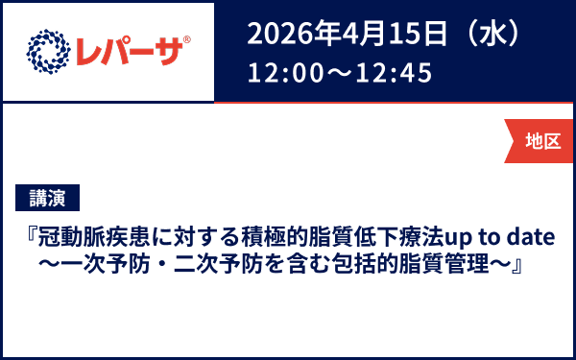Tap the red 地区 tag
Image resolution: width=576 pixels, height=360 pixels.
point(542,140)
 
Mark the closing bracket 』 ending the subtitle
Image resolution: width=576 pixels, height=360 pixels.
point(515,263)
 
